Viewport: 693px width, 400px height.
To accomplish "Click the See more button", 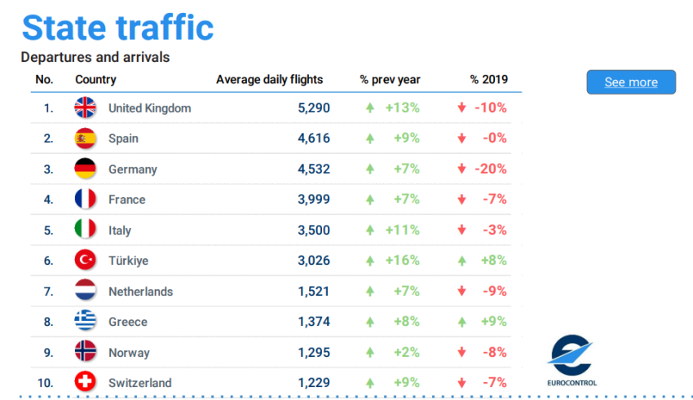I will (631, 82).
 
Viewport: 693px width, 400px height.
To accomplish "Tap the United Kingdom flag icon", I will (86, 108).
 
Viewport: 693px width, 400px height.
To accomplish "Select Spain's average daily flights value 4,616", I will (314, 138).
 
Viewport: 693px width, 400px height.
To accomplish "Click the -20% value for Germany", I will (490, 169).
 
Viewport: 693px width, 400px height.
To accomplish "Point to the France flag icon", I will (86, 200).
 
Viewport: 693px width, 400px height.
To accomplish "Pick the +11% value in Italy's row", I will (402, 231).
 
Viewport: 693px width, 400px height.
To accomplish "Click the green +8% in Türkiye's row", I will (493, 261).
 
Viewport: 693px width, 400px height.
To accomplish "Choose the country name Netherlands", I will (140, 292).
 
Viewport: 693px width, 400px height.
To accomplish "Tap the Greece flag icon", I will (86, 322).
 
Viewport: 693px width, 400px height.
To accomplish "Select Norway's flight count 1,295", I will (314, 353).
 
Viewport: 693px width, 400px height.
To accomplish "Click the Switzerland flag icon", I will (86, 382).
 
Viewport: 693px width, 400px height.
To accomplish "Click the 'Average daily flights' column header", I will (269, 80).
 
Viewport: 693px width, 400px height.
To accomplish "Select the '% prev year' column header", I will (390, 80).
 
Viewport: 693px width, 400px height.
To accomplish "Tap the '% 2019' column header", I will (488, 80).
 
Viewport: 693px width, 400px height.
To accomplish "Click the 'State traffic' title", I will (117, 28).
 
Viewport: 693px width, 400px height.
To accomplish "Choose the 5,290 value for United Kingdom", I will (314, 108).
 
